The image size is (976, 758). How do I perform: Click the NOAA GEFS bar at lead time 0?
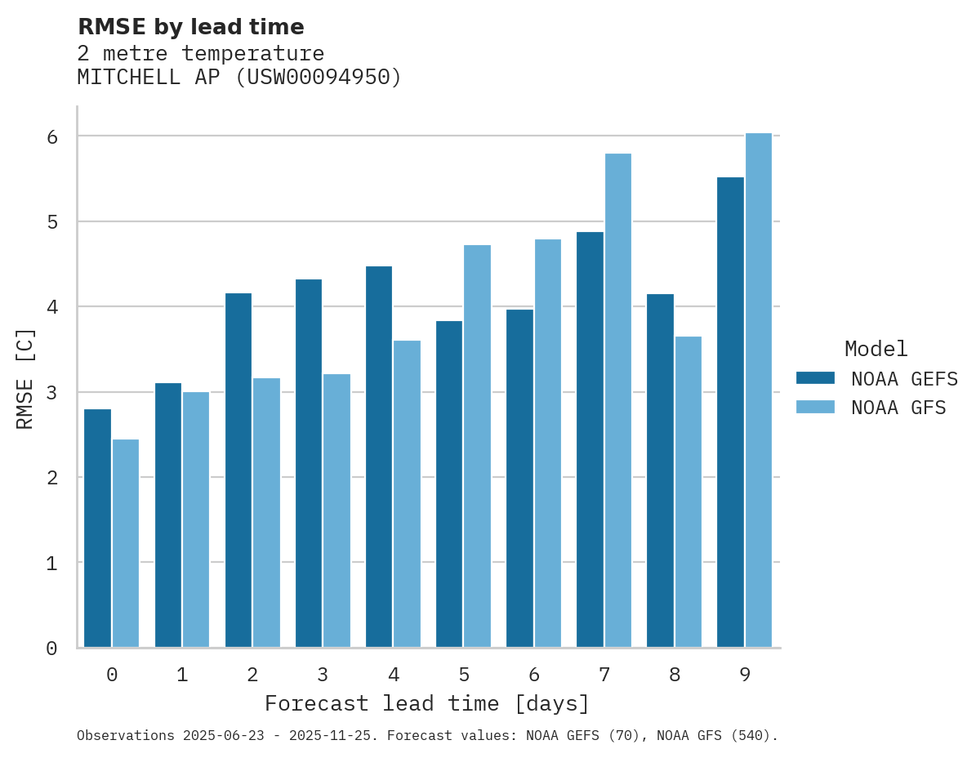click(98, 528)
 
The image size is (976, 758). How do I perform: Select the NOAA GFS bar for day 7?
click(618, 400)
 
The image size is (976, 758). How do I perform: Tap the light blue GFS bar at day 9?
click(759, 390)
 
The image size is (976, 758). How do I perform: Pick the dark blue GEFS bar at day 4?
click(379, 457)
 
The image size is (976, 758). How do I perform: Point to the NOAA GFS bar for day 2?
click(266, 513)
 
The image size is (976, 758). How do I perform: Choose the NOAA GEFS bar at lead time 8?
click(660, 470)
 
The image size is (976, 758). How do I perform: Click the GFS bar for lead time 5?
click(478, 446)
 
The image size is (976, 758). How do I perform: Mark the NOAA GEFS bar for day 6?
click(519, 478)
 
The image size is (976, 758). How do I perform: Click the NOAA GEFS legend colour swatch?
click(815, 377)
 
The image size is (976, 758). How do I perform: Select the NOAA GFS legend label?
click(898, 408)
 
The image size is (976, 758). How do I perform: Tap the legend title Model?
click(876, 349)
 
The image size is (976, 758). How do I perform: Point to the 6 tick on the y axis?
click(51, 136)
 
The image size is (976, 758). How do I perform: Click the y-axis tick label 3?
click(51, 393)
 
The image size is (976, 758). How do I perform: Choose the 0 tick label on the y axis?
click(51, 649)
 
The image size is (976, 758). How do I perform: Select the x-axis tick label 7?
click(604, 676)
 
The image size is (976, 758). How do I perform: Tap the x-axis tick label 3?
click(323, 676)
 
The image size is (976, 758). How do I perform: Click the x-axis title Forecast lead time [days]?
click(427, 704)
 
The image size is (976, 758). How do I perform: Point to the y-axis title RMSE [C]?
click(26, 378)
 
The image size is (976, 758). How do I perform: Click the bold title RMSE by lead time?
click(190, 27)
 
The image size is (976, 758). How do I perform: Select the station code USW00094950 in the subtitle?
click(319, 78)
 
